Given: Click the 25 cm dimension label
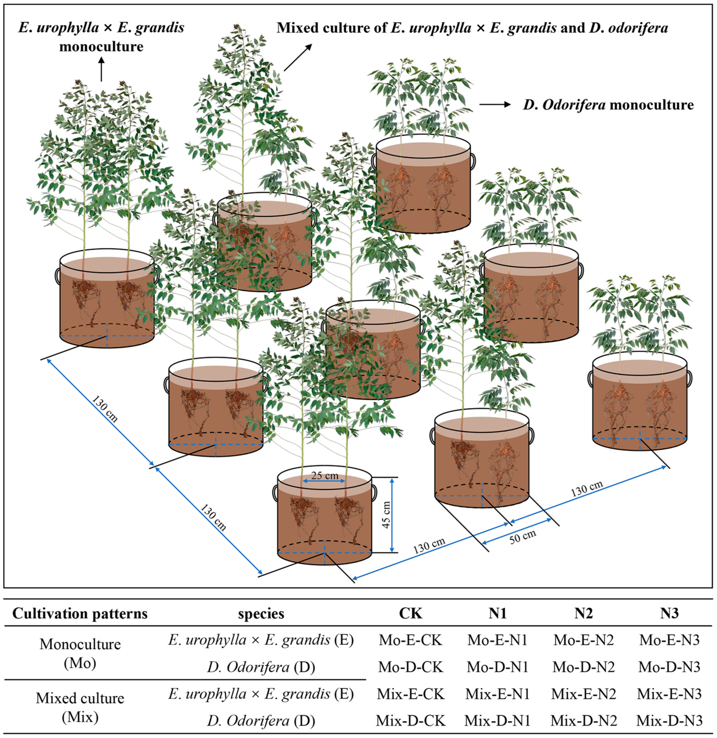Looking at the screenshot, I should [325, 476].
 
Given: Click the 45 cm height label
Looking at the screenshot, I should [386, 515].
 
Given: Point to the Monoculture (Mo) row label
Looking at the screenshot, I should [80, 653].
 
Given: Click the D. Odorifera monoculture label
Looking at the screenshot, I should [608, 105].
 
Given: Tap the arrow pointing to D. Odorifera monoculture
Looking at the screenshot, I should [494, 105].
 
